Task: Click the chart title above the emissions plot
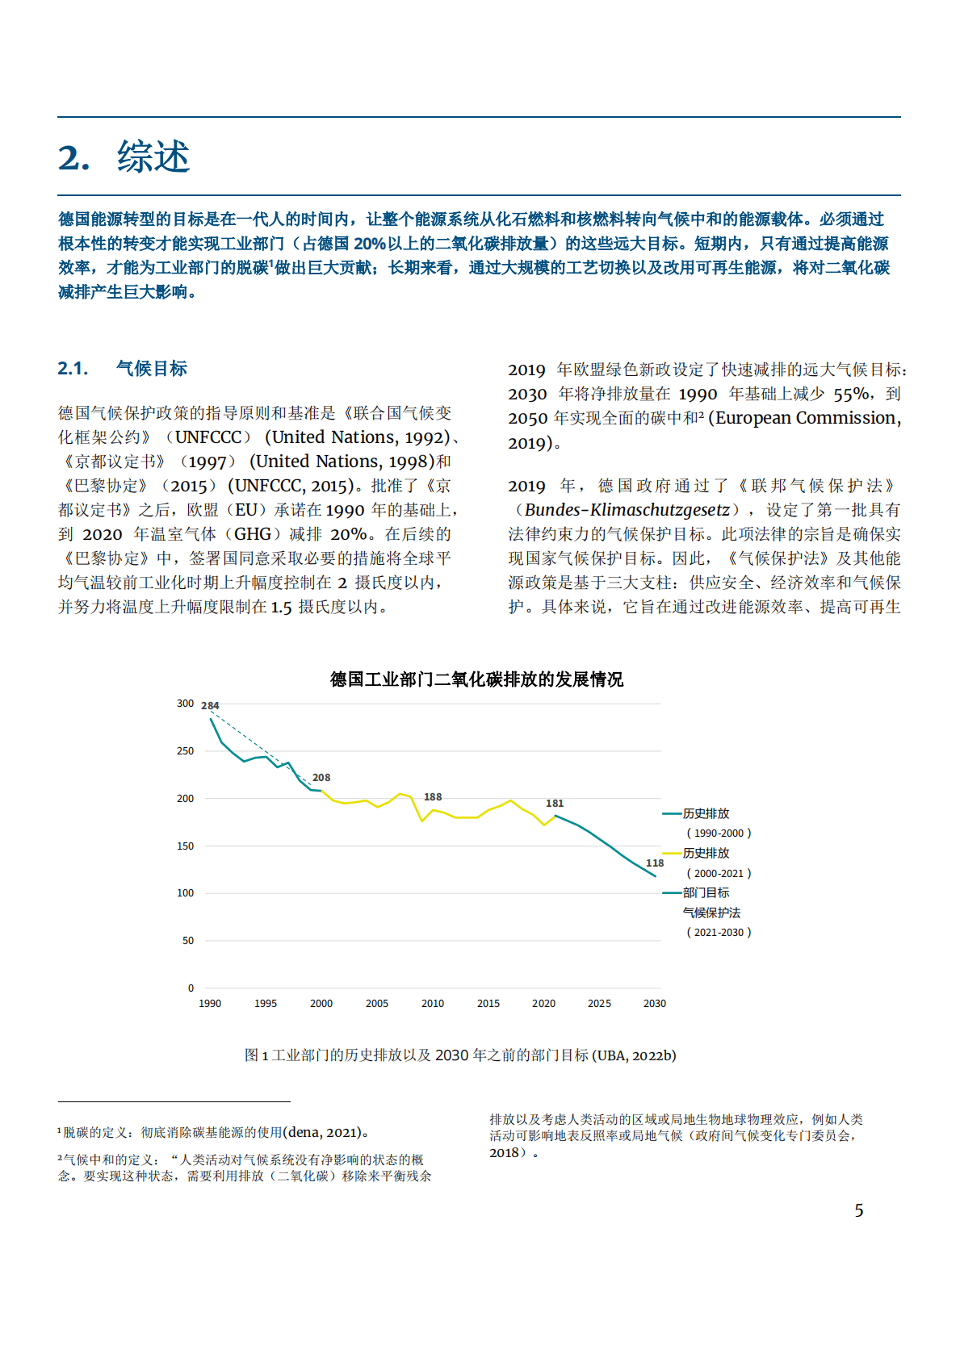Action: (x=476, y=679)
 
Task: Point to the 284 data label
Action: (x=210, y=705)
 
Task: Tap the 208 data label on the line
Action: (x=321, y=778)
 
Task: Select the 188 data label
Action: (x=433, y=796)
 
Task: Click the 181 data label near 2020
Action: (x=555, y=803)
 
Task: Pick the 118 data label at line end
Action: (x=655, y=863)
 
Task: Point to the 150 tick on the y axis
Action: (x=186, y=846)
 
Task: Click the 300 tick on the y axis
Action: (x=186, y=704)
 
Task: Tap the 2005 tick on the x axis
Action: (x=377, y=1004)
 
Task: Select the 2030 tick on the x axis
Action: (x=655, y=1004)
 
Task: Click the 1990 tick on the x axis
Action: (x=210, y=1004)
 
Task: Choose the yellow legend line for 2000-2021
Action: (x=672, y=853)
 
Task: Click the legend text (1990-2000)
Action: (x=719, y=833)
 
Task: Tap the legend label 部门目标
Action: (x=706, y=892)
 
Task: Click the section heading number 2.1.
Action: (x=73, y=369)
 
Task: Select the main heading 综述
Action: (x=153, y=157)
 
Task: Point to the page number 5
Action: (x=859, y=1210)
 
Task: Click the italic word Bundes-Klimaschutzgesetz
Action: (x=627, y=510)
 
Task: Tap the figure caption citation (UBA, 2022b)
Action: (x=635, y=1055)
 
